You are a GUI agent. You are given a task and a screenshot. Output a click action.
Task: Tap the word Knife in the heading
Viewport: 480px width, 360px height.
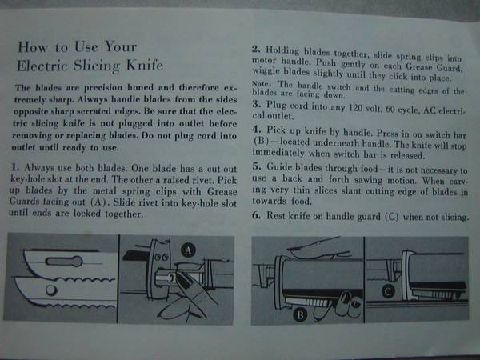(145, 65)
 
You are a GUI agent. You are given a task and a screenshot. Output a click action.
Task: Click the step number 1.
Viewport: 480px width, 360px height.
(15, 167)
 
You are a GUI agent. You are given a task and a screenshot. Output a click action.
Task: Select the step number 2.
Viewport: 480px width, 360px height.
(256, 49)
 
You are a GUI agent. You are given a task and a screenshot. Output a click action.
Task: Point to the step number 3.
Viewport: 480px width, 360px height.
(257, 104)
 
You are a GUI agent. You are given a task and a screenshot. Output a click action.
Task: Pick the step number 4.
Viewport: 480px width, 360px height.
(257, 129)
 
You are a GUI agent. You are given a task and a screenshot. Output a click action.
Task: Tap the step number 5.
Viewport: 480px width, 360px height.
(257, 166)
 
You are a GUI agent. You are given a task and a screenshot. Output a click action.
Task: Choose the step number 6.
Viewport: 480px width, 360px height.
(257, 215)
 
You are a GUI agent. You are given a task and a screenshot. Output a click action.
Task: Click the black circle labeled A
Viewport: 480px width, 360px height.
(189, 250)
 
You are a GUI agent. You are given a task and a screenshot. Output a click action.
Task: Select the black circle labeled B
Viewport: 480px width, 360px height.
(300, 315)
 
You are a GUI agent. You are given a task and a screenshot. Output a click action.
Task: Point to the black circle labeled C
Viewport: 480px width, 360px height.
(388, 291)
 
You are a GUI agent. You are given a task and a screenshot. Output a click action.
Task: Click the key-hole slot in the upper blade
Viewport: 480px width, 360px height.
(64, 261)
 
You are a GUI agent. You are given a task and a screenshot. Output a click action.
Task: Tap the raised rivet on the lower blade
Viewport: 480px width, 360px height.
(51, 290)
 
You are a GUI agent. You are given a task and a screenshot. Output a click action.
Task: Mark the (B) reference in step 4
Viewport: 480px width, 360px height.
(261, 142)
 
